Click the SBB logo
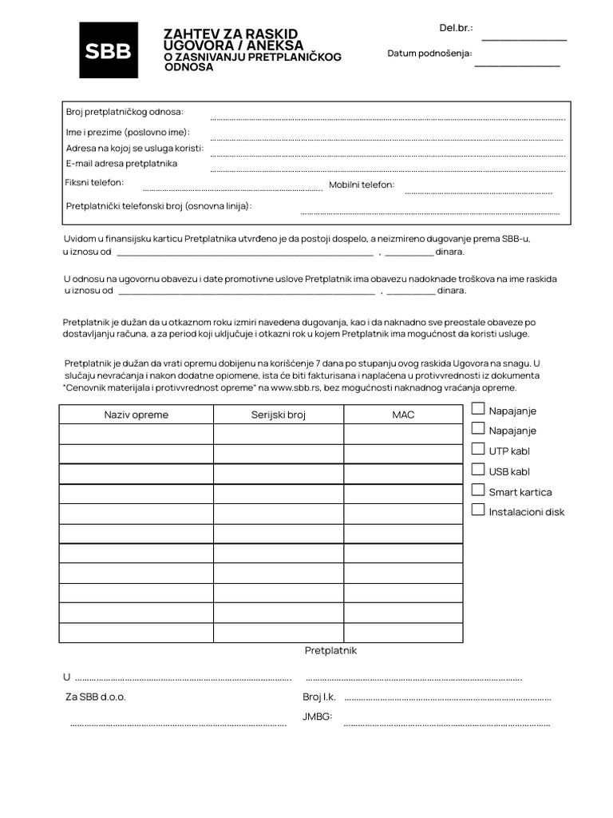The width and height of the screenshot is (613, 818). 109,50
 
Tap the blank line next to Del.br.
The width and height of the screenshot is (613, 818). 524,38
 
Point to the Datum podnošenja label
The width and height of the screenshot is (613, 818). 429,54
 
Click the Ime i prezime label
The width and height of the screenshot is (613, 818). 128,132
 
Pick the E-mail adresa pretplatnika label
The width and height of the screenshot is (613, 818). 121,164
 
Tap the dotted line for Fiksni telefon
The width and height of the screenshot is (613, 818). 231,189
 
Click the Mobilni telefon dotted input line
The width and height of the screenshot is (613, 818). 478,192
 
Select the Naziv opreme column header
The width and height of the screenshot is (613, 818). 136,415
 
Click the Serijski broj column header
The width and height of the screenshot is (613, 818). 279,415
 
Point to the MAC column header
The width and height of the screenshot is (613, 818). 403,415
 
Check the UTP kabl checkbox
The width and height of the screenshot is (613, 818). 478,450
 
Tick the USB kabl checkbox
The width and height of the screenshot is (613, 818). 478,470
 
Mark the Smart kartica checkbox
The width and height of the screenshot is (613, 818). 478,490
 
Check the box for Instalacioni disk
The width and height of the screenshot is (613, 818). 478,510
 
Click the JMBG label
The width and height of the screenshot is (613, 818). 317,717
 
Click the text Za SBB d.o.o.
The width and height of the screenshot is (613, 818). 96,697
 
